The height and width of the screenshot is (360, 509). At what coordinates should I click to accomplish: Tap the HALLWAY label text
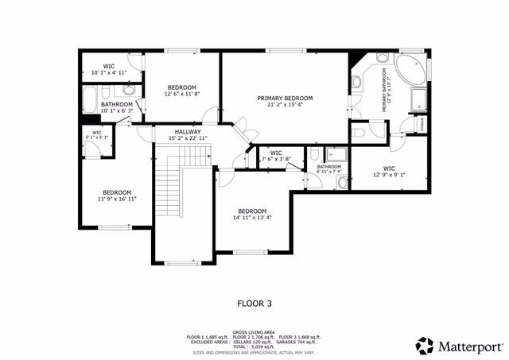(188, 132)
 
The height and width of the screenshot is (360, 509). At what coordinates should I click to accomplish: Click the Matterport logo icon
(425, 345)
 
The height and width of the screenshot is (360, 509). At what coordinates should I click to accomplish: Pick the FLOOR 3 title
(254, 303)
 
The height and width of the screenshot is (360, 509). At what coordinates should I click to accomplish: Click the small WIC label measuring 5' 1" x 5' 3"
(96, 133)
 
